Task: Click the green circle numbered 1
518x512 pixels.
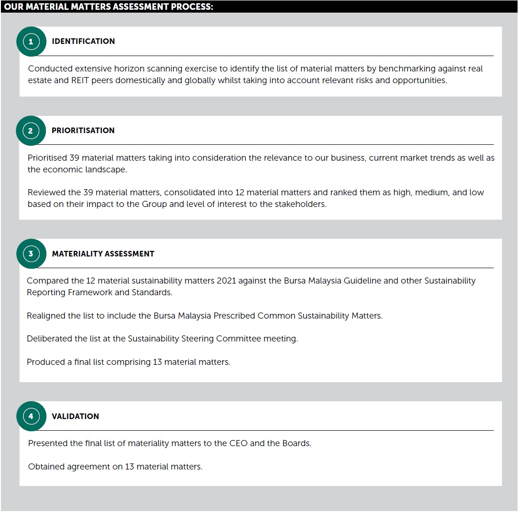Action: [31, 42]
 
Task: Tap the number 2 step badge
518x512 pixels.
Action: [31, 131]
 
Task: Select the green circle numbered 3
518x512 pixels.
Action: [31, 254]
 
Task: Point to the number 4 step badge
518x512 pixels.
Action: [31, 416]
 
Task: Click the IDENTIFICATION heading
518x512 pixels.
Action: [83, 42]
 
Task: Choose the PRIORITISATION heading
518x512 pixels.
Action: [83, 131]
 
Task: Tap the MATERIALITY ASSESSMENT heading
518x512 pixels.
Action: [103, 254]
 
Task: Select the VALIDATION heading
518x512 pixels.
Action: [75, 417]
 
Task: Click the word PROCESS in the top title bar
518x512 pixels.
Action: [189, 7]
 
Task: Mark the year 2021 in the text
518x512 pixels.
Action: [227, 281]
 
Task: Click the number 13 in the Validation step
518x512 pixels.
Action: [129, 467]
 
